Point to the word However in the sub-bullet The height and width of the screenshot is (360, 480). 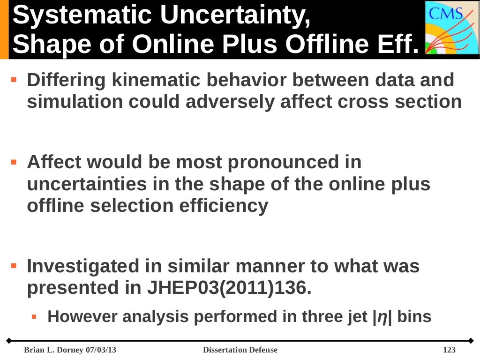[x=81, y=317]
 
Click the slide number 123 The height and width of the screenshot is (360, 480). [x=449, y=350]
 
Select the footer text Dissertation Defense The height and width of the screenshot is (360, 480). [x=240, y=350]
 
